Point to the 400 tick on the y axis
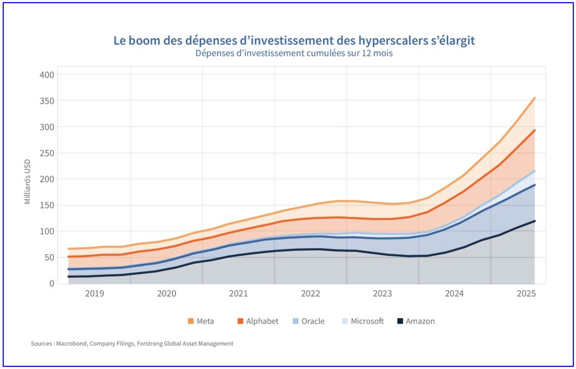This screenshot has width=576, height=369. [48, 75]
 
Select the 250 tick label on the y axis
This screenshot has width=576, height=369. [48, 153]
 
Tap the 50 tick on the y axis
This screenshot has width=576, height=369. [50, 258]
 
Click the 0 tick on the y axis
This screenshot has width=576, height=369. [52, 284]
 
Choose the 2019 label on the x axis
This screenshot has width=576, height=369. [94, 294]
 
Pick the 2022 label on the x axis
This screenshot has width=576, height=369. [310, 294]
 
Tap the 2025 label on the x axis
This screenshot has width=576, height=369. [526, 294]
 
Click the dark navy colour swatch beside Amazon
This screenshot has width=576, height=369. [400, 321]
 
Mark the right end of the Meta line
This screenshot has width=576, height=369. [535, 98]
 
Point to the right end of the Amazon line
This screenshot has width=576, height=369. [535, 221]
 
